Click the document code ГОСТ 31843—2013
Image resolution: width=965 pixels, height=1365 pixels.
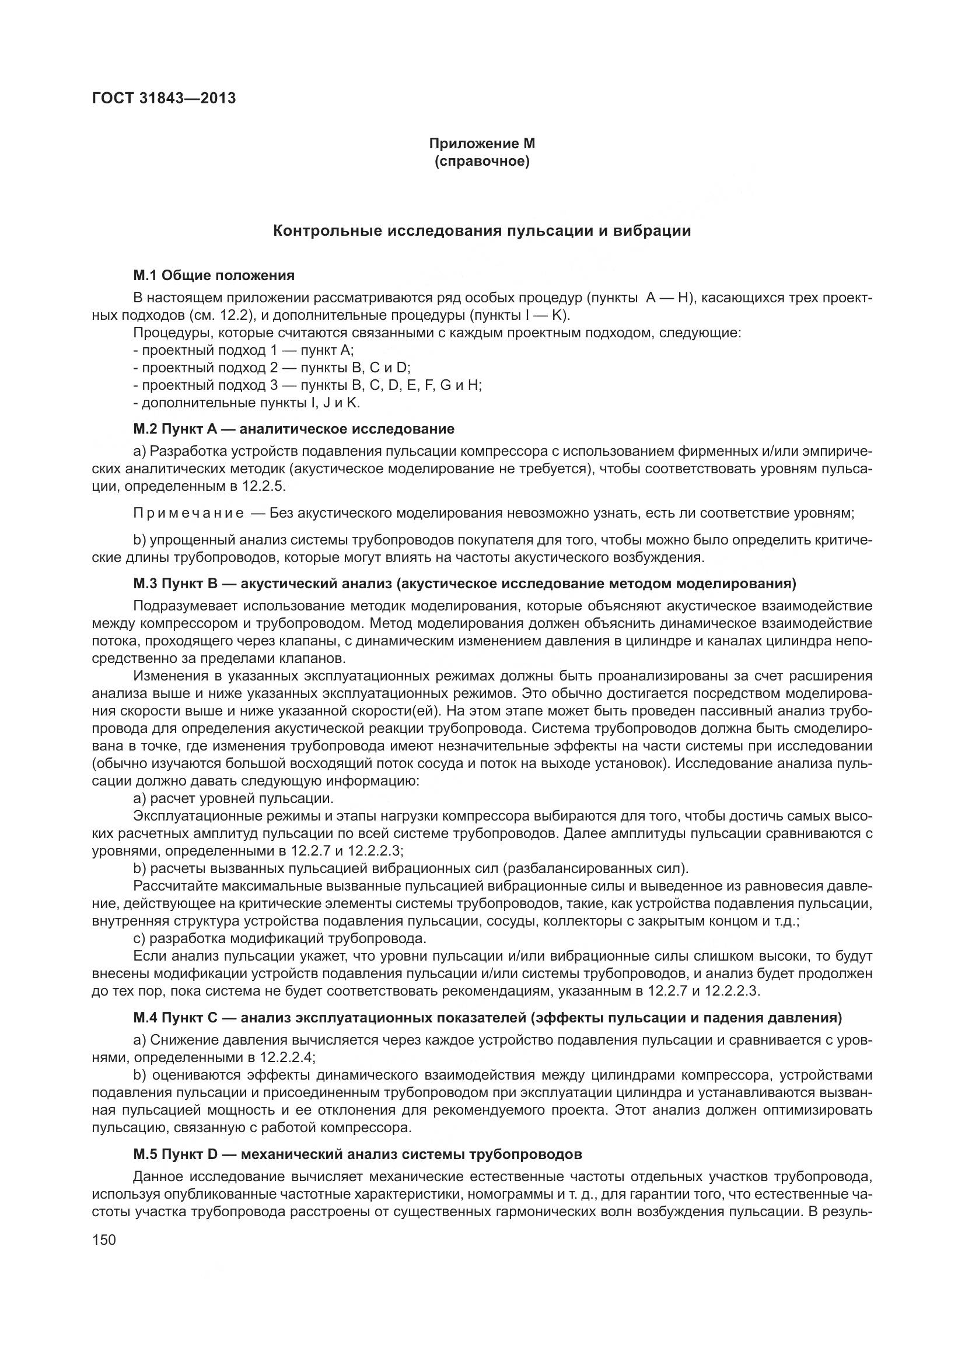pos(163,98)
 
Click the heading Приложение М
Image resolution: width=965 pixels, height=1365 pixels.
pos(482,144)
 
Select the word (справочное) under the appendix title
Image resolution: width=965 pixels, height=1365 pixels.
pos(482,161)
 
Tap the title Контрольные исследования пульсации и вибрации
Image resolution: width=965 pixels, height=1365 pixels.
pos(482,231)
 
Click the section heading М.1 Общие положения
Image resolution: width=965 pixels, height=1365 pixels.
pos(214,275)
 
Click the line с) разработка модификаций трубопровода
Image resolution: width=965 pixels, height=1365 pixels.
pos(280,939)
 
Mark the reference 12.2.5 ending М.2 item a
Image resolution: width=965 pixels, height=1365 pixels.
pos(265,486)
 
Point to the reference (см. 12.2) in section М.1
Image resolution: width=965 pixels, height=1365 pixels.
pos(224,315)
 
